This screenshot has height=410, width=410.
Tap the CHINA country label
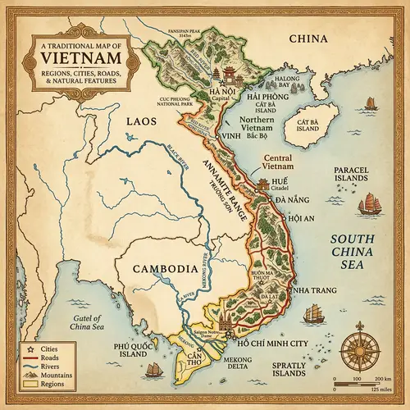pyautogui.click(x=307, y=39)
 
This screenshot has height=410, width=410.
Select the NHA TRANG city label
pyautogui.click(x=307, y=291)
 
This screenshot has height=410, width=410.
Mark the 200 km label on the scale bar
pyautogui.click(x=380, y=379)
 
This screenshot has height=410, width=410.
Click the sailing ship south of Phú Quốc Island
pyautogui.click(x=151, y=371)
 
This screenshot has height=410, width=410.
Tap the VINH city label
pyautogui.click(x=232, y=136)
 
